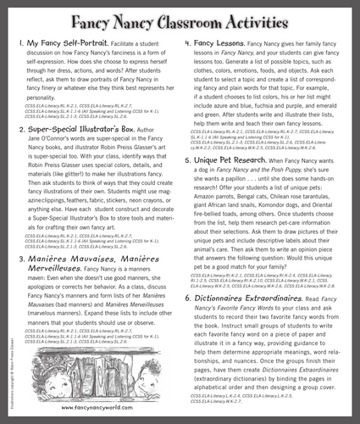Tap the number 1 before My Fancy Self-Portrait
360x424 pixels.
(x=19, y=43)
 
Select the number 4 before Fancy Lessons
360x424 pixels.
(x=194, y=43)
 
